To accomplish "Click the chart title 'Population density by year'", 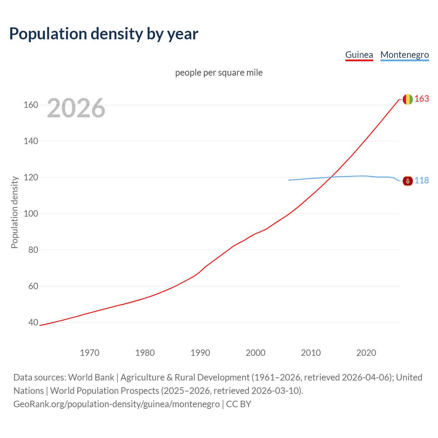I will (x=104, y=34).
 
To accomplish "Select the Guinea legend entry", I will (x=359, y=55).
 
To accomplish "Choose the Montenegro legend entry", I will (x=404, y=55).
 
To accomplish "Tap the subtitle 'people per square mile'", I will (x=219, y=73).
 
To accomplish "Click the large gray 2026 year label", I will (x=76, y=108).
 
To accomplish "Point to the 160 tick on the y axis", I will (x=31, y=105).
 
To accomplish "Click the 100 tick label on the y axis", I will (x=31, y=214).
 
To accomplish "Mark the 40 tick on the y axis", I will (x=33, y=323).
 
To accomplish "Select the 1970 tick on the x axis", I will (x=90, y=353).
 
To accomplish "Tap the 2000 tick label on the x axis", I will (x=256, y=353).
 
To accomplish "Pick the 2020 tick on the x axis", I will (x=366, y=353).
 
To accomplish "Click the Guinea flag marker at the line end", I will (x=408, y=99).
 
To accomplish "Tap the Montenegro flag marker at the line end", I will (x=408, y=181).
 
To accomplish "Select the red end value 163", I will (x=422, y=99).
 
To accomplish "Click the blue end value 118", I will (x=422, y=180).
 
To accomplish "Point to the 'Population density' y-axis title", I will (x=14, y=212).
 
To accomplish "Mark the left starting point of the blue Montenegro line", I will (x=289, y=180).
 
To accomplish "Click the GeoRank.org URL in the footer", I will (x=117, y=404).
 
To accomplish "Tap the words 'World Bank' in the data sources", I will (x=91, y=377).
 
